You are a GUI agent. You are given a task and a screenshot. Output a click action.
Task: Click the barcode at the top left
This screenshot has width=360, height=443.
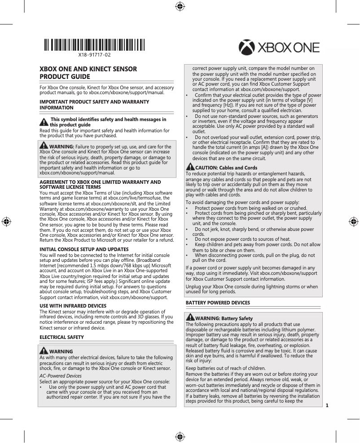94,45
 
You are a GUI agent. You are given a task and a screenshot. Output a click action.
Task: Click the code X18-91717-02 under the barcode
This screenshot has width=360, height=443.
94,55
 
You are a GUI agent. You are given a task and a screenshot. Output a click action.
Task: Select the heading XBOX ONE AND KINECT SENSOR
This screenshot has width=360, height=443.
88,69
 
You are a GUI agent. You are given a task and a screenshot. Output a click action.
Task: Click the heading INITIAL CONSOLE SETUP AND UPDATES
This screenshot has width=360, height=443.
84,249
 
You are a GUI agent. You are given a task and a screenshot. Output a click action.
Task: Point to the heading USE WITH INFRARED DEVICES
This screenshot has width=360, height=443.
73,306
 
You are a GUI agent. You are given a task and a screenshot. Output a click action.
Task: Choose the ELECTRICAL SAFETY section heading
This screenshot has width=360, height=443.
61,337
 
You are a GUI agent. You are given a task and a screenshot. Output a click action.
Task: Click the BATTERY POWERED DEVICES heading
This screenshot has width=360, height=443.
218,303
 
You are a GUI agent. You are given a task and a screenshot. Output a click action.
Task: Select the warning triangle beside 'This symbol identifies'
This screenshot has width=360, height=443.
44,122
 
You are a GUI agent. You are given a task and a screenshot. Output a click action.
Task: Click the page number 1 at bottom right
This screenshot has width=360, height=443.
327,406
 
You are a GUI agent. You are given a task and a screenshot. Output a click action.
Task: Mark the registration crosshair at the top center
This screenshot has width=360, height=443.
180,6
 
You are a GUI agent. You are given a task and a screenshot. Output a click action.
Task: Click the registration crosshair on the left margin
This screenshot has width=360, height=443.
6,221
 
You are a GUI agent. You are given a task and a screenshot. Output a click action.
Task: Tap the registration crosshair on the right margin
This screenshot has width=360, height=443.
354,221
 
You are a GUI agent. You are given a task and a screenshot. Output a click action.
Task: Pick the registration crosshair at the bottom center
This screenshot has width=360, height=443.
180,437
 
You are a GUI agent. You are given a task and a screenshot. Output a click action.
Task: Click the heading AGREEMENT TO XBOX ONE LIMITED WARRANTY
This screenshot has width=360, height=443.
100,182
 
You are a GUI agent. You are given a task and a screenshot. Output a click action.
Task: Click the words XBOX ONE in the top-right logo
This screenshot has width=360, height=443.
288,48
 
